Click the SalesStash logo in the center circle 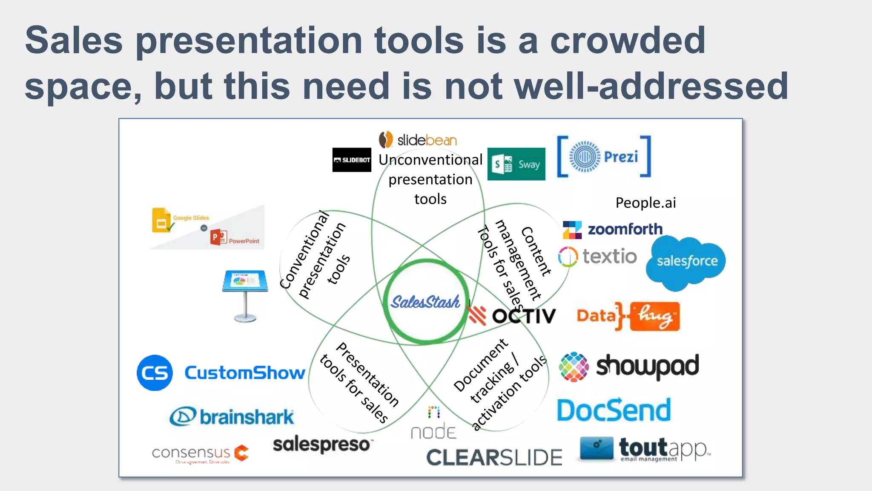click(425, 302)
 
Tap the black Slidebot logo click(352, 160)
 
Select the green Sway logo click(516, 164)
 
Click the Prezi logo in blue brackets click(604, 156)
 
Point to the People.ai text click(645, 203)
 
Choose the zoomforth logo click(613, 229)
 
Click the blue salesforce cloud click(686, 261)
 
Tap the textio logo click(598, 257)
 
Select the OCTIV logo click(512, 316)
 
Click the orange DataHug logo click(628, 316)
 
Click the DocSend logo click(614, 410)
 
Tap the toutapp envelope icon click(597, 448)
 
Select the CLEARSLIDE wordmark click(494, 457)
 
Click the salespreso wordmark click(322, 445)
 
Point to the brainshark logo click(232, 416)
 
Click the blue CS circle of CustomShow click(155, 373)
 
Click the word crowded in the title click(628, 40)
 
